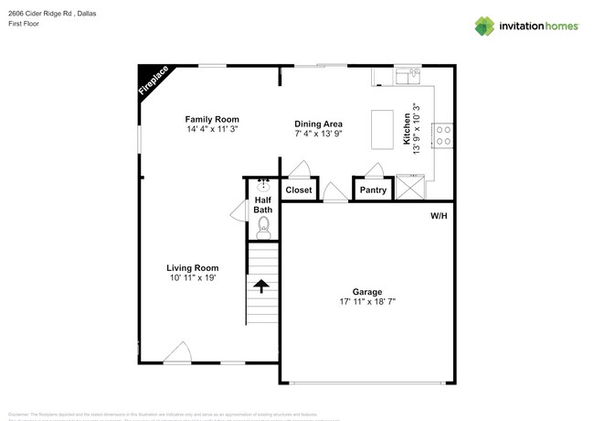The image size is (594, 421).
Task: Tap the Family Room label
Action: pos(212,119)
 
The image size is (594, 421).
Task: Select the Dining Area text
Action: pos(318,124)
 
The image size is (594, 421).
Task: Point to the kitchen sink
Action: pos(408,74)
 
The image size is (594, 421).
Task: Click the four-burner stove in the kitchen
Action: pos(443,135)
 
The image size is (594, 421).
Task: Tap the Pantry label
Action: pos(373,190)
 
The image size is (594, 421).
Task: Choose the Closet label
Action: pos(299,190)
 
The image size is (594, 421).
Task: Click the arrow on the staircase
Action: pos(261,286)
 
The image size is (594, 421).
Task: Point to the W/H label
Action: pos(439,217)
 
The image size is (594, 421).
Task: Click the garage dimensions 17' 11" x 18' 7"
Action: pos(367,303)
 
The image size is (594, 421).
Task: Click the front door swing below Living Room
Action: pos(177,353)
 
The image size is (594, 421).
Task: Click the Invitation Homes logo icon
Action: pos(484,26)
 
